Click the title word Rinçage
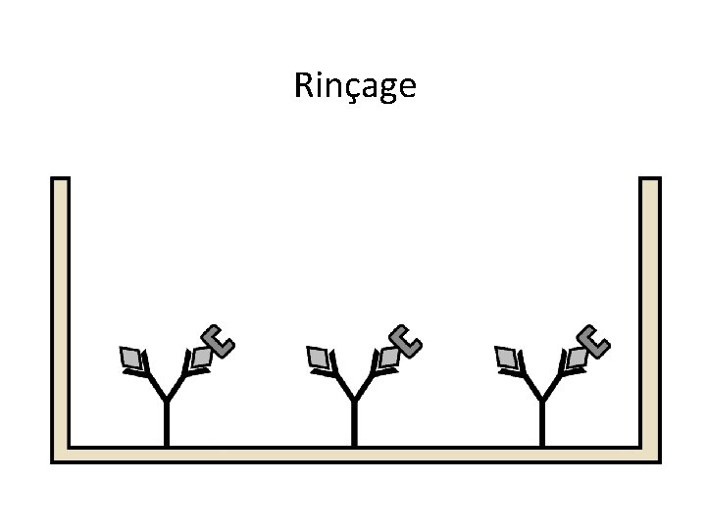[354, 87]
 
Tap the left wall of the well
[61, 313]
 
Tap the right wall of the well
[650, 313]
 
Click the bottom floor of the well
[353, 455]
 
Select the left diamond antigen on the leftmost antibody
[130, 360]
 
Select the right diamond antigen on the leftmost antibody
[201, 359]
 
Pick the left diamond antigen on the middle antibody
[319, 360]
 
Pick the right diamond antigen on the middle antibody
[389, 359]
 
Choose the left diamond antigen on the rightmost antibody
[507, 360]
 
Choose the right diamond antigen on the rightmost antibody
[577, 359]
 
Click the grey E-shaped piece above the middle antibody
[406, 339]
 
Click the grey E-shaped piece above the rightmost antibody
[593, 339]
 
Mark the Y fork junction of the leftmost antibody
[166, 399]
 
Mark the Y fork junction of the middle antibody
[354, 399]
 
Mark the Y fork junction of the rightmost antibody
[542, 399]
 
